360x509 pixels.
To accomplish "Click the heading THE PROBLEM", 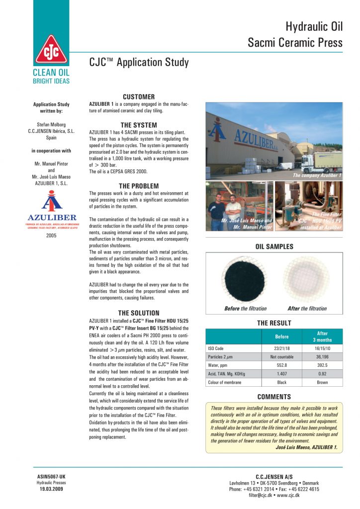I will point(139,186).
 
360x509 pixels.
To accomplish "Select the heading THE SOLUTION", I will point(139,313).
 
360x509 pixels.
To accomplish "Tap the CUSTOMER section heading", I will point(139,96).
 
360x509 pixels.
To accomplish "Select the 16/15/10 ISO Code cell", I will point(322,349).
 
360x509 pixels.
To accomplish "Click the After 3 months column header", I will point(322,337).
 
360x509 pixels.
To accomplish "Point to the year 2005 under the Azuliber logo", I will point(51,235).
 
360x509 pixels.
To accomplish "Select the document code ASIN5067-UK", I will point(51,477).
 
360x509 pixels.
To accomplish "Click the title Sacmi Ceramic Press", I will point(295,43).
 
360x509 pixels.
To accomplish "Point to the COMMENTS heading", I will point(274,397).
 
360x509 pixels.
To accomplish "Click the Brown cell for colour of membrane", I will point(322,382).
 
